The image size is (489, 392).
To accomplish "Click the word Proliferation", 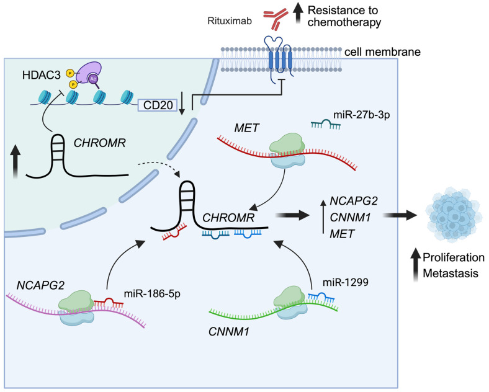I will click(x=449, y=257).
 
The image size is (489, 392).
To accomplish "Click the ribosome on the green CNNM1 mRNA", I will click(x=292, y=303).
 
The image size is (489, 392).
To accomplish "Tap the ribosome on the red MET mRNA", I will click(x=286, y=153).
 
